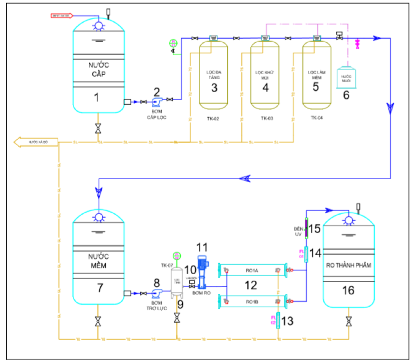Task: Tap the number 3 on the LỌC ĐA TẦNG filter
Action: tap(214, 88)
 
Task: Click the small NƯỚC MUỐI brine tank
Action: tap(346, 78)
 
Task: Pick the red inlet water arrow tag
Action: tap(62, 16)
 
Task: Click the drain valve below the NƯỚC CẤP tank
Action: tap(98, 129)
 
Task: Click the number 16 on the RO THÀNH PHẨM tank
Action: tap(349, 290)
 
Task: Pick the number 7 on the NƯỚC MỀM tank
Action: tap(100, 288)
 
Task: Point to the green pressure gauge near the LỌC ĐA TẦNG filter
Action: tap(173, 43)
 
